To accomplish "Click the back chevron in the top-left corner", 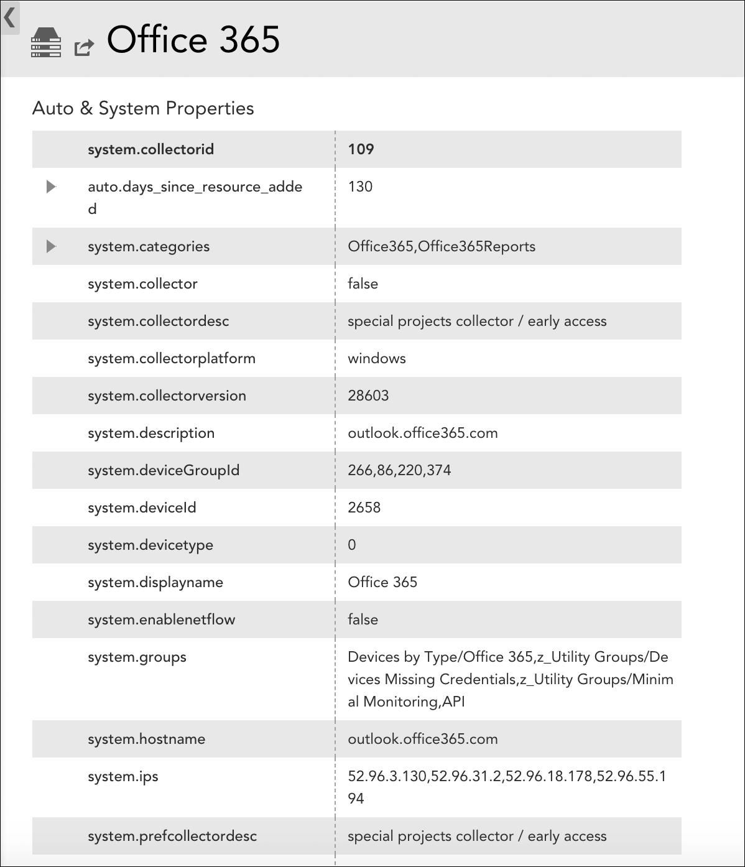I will coord(9,17).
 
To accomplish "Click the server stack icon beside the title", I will coord(46,42).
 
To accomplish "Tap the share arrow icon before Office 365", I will coord(84,47).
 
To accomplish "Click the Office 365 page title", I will coord(193,40).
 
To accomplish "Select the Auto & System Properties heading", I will coord(143,108).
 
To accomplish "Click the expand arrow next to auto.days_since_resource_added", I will coord(52,187).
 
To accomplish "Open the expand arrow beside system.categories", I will coord(52,246).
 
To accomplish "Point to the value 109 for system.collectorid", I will coord(361,149).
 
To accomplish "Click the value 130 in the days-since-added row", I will coord(360,187).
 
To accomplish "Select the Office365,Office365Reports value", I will coord(442,246).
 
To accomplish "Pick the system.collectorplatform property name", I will coord(172,358).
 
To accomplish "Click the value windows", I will coord(377,358).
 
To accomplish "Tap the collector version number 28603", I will coord(368,396).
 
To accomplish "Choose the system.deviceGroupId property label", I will coord(164,470).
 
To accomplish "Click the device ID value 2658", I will coord(364,508).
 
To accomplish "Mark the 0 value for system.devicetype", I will coord(352,545).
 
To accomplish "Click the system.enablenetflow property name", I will coord(162,619).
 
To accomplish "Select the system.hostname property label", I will coord(147,739).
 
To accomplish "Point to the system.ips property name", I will coord(123,776).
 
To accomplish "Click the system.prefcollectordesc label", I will coord(172,836).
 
